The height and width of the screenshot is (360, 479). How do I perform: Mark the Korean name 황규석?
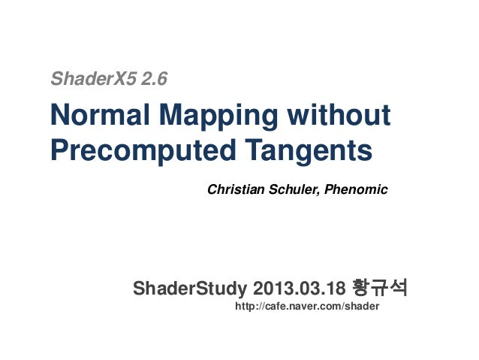click(x=379, y=288)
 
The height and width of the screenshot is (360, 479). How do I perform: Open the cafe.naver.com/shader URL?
click(x=308, y=307)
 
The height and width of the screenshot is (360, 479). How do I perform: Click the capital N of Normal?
click(x=59, y=116)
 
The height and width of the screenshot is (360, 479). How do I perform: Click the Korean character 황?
click(x=360, y=288)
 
